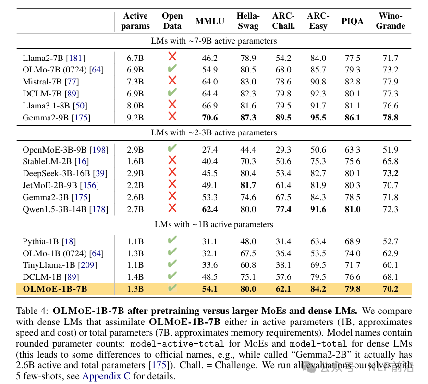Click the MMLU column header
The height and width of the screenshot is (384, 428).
coord(210,22)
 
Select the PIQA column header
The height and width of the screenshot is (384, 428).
coord(352,22)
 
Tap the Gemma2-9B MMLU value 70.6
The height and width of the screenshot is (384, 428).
coord(210,117)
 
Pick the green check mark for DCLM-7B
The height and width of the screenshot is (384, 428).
coord(172,93)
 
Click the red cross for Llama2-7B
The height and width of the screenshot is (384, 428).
coord(172,58)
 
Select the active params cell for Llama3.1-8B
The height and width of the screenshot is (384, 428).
coord(135,105)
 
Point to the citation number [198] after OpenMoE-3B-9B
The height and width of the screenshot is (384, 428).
coord(99,149)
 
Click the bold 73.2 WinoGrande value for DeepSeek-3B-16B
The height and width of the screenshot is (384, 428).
coord(391,173)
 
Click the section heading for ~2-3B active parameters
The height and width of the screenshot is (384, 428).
coord(214,132)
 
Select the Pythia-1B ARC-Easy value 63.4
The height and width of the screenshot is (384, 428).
coord(318,241)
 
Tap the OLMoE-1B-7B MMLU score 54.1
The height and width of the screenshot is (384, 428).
coord(210,289)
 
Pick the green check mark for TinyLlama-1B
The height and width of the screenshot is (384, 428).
coord(172,264)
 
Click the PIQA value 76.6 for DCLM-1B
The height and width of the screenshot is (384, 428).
coord(352,277)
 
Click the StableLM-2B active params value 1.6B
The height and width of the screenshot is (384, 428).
coord(135,161)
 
